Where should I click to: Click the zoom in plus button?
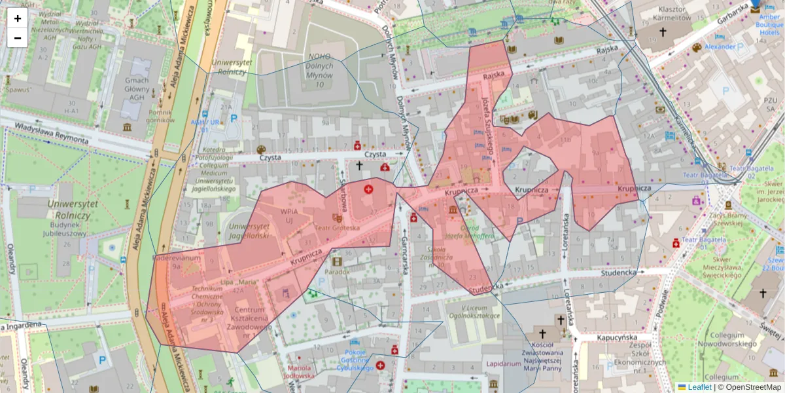coord(18,18)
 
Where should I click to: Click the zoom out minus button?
coord(18,38)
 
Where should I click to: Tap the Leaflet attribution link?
coord(699,387)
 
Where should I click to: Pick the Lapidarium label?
coord(504,364)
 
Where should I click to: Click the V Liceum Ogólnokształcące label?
coord(480,312)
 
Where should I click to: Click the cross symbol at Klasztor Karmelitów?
coord(663,31)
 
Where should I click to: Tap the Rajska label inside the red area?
coord(494,75)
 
